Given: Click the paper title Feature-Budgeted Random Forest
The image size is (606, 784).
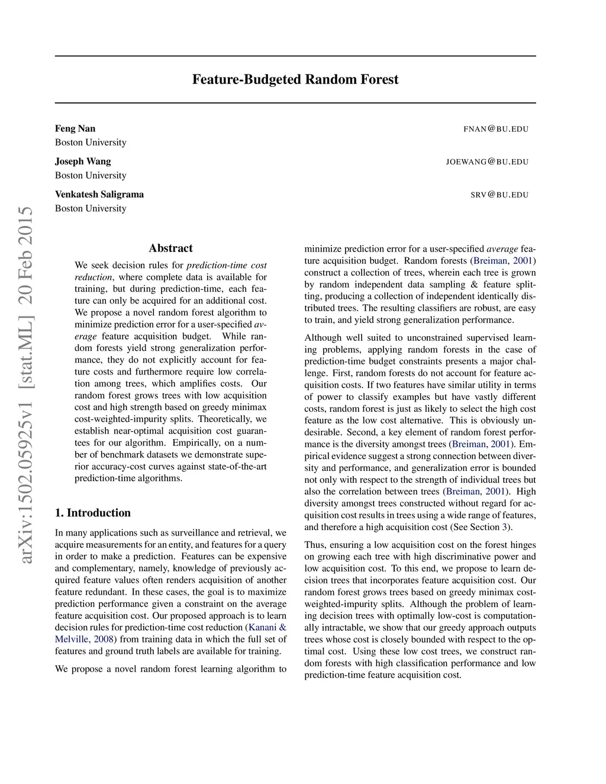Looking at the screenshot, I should [x=295, y=79].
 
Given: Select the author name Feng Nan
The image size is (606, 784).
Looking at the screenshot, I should [x=75, y=128].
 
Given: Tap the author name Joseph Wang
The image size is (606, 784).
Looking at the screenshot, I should [x=83, y=161].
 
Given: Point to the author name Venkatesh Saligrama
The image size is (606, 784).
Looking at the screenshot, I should [x=99, y=194].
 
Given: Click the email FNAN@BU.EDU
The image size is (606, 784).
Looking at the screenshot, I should [x=495, y=129].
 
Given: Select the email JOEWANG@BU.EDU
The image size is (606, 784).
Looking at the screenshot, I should [x=487, y=162].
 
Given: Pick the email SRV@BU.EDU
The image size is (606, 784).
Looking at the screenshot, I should [x=499, y=195].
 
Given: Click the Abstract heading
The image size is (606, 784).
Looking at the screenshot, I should [x=170, y=248].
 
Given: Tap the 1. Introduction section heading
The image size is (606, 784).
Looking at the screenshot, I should [x=93, y=512].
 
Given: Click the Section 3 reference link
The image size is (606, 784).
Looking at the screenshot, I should [x=505, y=527].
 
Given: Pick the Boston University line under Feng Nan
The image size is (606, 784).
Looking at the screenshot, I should [x=91, y=142].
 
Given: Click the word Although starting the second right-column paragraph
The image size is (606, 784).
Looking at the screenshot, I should [x=323, y=337].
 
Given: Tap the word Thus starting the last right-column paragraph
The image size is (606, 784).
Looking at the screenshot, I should [x=314, y=544].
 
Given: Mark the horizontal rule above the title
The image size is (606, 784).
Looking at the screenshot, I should [x=295, y=56].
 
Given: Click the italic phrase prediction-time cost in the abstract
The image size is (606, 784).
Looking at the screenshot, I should [x=227, y=265].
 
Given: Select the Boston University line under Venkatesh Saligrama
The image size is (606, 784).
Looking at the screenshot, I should [x=91, y=208].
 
